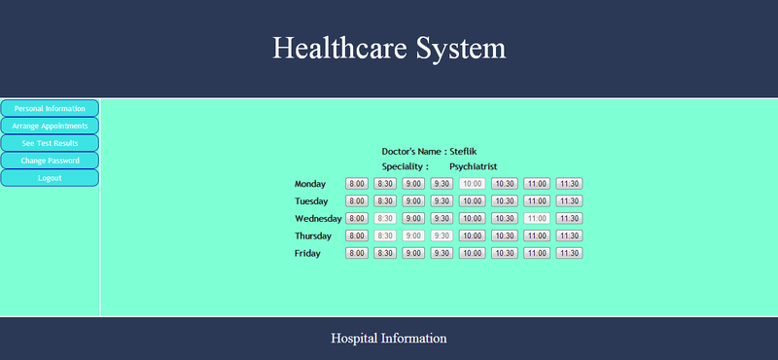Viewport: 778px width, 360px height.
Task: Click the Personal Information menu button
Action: point(50,108)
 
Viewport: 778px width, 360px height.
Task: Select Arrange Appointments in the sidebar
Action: point(50,126)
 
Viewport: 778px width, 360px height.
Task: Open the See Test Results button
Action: point(50,143)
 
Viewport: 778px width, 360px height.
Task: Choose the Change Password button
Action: point(50,161)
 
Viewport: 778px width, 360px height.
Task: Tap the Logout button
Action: point(50,178)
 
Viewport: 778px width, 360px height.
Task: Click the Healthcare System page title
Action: point(389,48)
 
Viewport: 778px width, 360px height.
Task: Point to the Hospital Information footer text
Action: point(389,339)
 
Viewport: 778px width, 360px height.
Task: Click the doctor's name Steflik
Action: point(463,152)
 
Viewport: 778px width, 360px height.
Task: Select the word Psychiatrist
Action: point(474,167)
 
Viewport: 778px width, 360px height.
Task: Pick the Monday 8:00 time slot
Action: point(357,183)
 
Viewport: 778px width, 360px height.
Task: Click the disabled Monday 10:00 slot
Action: point(472,183)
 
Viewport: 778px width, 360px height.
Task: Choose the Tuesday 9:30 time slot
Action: point(442,200)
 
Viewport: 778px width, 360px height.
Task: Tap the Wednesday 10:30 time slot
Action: point(504,218)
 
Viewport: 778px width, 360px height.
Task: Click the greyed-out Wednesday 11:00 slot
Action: point(536,218)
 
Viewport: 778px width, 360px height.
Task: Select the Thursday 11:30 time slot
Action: point(569,235)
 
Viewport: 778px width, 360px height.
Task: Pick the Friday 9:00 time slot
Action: point(413,253)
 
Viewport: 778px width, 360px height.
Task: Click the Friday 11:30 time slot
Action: point(569,253)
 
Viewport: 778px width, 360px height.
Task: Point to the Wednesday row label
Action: point(318,219)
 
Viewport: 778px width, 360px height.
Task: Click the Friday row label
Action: point(307,254)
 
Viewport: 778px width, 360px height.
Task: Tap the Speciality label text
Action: point(405,167)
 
